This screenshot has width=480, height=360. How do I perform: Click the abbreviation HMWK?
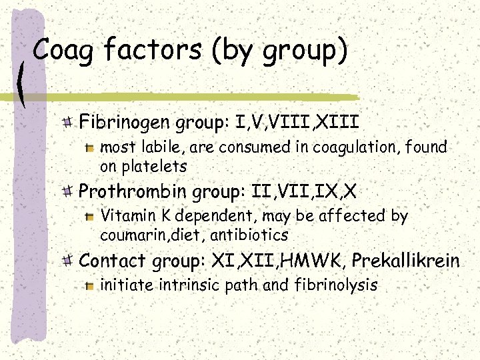coord(317,261)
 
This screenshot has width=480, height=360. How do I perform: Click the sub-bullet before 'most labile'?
coord(91,147)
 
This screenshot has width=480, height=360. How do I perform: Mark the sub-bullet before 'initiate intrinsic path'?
coord(91,286)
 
